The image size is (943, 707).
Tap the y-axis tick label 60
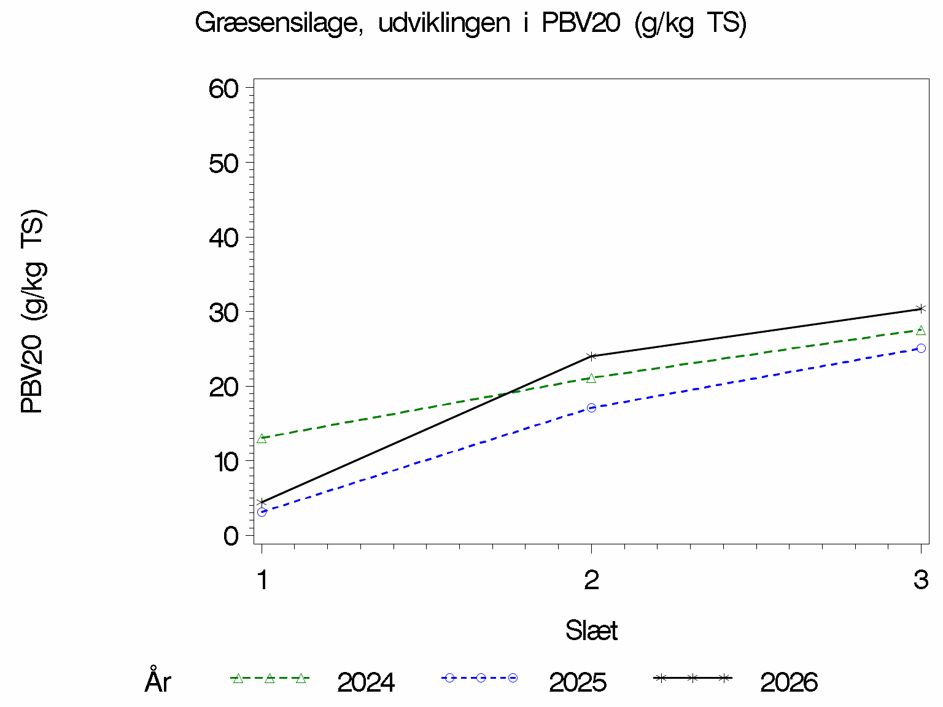coord(223,90)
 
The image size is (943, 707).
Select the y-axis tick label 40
coord(223,239)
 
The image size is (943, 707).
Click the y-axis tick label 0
coord(231,536)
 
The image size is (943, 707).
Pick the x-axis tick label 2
coord(591,580)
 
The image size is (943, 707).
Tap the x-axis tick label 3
coord(921,580)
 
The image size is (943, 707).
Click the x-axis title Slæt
coord(591,630)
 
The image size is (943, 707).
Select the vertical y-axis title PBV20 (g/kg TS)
coord(33,312)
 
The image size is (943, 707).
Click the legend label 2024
coord(366,682)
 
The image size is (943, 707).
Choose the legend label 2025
coord(577,682)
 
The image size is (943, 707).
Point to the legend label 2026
coord(789,682)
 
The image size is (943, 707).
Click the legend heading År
coord(158,679)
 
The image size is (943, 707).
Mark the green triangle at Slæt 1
coord(261,438)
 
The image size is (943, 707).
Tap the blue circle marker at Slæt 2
coord(591,408)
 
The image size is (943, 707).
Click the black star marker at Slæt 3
coord(921,309)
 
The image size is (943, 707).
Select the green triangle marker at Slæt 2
coord(591,378)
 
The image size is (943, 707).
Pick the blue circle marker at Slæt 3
coord(921,348)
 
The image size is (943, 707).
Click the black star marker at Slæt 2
coord(591,357)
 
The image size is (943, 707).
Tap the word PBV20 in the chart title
coord(581,22)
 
